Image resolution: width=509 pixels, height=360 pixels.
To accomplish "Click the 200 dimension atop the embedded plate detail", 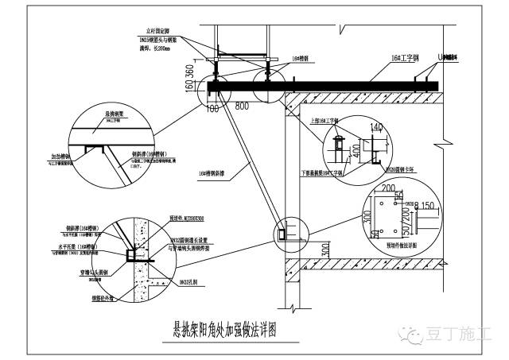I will click(389, 188).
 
